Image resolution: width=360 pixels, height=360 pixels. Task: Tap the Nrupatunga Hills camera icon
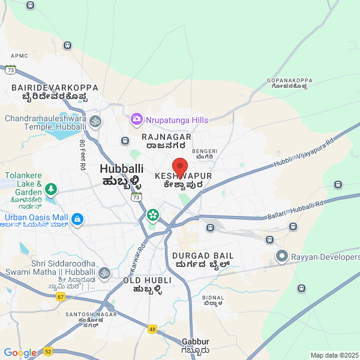point(137,120)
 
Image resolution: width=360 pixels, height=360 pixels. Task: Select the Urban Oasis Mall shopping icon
point(77,218)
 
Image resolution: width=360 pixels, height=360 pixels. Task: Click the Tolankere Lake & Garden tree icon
point(51,189)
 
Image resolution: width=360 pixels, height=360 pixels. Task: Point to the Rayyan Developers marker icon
point(282,257)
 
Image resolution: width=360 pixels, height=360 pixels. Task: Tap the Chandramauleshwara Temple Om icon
point(95,122)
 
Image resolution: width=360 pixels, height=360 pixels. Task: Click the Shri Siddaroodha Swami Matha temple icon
point(104,273)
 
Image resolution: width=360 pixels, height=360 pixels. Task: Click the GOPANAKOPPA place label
point(290,80)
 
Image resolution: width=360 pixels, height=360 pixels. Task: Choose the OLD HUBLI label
point(147,280)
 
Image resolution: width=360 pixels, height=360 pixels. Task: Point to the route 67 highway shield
point(61,297)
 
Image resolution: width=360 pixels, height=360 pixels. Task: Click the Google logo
point(20,353)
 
